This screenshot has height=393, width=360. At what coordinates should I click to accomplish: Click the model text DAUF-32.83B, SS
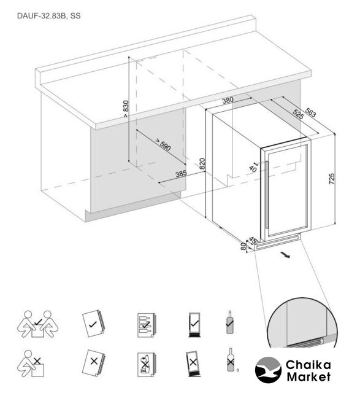coord(49,16)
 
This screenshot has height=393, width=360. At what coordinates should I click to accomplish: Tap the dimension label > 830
coord(126,109)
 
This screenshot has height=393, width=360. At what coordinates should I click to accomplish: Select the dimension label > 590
coord(163,145)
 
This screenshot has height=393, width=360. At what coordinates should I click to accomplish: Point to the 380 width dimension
coord(228,100)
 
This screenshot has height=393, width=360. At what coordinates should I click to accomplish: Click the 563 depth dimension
coord(310,112)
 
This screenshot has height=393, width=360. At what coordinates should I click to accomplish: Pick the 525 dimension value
coord(298,115)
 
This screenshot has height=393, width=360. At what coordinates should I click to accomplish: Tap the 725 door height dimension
coord(331,179)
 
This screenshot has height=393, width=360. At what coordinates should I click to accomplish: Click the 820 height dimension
coord(202,164)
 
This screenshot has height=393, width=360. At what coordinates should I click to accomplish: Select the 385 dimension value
coord(181,174)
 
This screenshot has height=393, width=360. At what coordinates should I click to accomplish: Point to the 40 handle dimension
coord(253,168)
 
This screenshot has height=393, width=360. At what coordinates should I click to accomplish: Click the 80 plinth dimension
coord(243,246)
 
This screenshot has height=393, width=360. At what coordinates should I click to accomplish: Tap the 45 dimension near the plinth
coord(253,241)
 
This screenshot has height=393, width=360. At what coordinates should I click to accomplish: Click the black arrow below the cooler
coord(285,255)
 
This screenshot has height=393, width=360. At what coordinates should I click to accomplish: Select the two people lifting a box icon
coord(37,324)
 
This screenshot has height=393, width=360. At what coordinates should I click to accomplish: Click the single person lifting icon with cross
coord(31,363)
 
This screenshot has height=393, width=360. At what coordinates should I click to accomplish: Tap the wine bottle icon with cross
coord(231,360)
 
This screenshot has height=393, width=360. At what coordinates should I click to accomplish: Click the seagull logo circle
coord(268,370)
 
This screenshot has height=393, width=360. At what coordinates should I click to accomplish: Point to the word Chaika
coord(308,365)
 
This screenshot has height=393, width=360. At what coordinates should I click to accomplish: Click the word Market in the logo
coord(308,376)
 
